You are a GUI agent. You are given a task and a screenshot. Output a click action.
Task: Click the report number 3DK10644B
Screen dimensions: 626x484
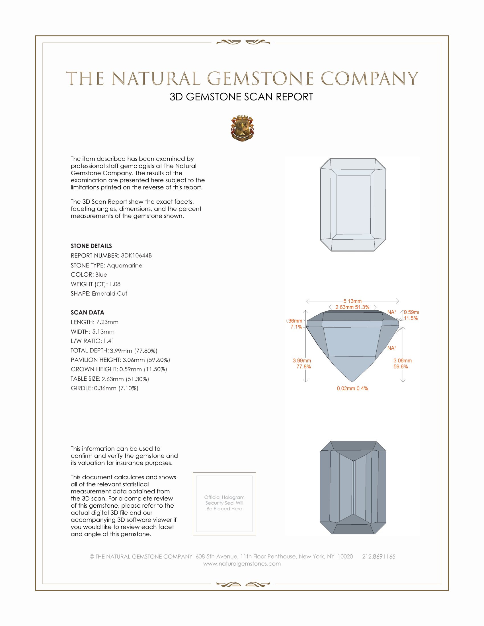tap(136, 256)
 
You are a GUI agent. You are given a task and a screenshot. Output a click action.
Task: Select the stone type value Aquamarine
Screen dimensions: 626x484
tap(124, 265)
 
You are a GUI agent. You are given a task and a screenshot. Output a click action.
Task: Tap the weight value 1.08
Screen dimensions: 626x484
tap(115, 284)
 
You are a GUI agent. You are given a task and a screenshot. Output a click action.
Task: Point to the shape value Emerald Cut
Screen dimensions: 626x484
tap(110, 294)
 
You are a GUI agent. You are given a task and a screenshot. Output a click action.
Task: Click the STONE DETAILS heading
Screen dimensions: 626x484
tap(91, 246)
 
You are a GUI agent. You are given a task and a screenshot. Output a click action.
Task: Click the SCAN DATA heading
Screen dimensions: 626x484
tap(87, 312)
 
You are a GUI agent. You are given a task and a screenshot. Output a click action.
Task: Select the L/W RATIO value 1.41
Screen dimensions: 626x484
tap(109, 341)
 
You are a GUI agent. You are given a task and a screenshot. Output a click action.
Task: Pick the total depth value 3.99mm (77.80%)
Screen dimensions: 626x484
tap(134, 351)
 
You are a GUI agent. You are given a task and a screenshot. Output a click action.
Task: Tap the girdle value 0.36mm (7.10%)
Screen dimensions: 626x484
tap(116, 388)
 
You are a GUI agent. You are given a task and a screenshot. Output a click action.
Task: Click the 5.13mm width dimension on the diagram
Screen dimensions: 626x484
tap(352, 301)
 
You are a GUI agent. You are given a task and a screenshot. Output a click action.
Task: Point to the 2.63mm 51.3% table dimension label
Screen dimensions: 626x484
tap(352, 307)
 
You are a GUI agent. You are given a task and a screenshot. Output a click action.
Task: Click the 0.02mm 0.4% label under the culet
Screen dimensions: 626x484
tap(352, 388)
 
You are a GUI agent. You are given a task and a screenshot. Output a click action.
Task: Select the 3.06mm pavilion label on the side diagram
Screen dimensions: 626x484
tap(402, 361)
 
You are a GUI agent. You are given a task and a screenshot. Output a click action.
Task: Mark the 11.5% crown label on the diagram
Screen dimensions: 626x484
tap(411, 318)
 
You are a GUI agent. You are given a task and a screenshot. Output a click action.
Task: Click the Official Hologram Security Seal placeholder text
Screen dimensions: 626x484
tap(224, 503)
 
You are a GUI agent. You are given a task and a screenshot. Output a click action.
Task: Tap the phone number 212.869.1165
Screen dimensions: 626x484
tap(378, 556)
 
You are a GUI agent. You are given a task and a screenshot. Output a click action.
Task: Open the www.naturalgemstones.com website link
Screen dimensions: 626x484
tap(242, 563)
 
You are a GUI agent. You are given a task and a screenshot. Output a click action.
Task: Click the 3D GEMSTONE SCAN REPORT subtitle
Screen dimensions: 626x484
tap(241, 97)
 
